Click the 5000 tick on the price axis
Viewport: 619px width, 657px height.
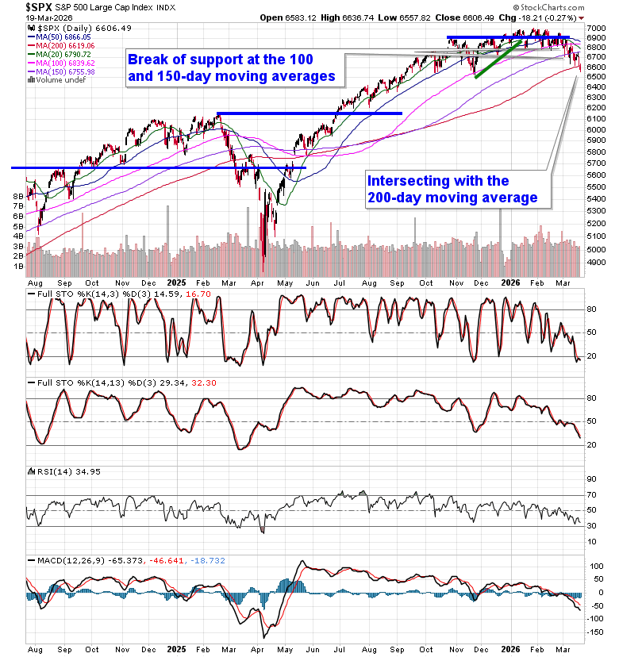pos(598,249)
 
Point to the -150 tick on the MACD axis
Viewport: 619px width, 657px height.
pos(597,632)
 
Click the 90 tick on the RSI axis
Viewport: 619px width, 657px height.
pos(591,478)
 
